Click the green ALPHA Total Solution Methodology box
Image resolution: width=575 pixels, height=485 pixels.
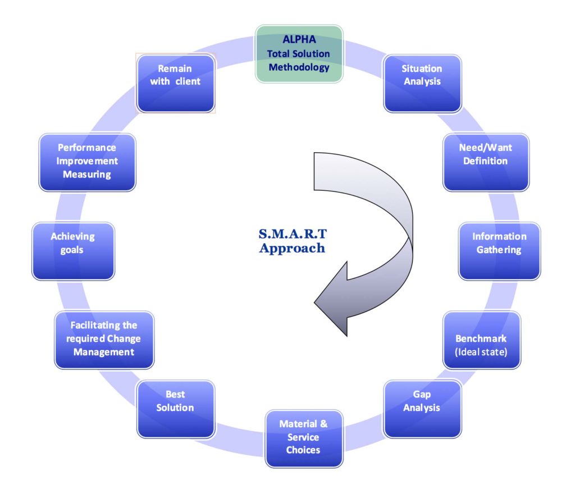(299, 54)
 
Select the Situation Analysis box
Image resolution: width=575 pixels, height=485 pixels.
(422, 83)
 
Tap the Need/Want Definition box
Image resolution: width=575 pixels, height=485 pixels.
(486, 162)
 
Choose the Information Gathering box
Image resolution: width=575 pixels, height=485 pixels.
(499, 251)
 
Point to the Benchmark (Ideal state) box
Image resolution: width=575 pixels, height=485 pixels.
(481, 340)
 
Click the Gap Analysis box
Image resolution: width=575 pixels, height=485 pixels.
(422, 409)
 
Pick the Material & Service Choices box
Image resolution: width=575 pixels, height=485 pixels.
(303, 438)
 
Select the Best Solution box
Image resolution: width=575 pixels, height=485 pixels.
(176, 409)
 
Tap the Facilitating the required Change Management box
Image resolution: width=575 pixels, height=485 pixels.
(104, 340)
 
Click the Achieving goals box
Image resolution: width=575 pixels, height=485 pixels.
(73, 251)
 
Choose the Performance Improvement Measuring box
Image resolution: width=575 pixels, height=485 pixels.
(87, 162)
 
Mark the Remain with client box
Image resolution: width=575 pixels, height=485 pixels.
(175, 83)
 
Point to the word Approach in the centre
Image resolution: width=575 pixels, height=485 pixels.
(292, 248)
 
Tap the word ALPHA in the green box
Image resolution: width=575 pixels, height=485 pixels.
(299, 40)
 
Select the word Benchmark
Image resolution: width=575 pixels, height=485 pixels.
(481, 338)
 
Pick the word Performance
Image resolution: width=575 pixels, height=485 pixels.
(87, 148)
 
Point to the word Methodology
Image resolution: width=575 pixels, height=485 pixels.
(299, 67)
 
